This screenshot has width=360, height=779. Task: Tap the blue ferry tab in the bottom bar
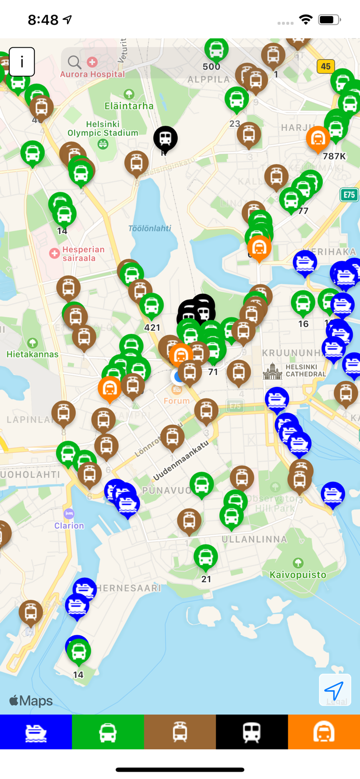[x=36, y=732]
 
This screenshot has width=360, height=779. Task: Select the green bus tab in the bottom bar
[x=108, y=732]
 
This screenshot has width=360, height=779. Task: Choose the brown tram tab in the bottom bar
[x=180, y=732]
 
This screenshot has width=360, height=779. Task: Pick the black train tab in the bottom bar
[x=252, y=732]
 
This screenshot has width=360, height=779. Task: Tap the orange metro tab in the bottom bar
[x=324, y=732]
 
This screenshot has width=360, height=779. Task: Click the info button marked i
[x=22, y=62]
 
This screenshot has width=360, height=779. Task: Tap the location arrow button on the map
[x=335, y=690]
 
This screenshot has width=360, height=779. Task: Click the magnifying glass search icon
[x=74, y=62]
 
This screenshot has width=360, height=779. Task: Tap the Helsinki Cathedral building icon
[x=272, y=371]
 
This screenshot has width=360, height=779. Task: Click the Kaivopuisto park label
[x=298, y=574]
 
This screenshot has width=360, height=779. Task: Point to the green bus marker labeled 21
[x=206, y=557]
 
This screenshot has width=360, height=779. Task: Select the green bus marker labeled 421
[x=151, y=306]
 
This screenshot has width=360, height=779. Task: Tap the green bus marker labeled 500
[x=216, y=50]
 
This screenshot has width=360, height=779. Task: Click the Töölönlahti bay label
[x=150, y=228]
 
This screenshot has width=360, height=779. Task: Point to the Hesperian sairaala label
[x=83, y=253]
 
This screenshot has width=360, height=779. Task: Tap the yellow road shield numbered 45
[x=326, y=66]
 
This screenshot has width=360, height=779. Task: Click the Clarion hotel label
[x=69, y=525]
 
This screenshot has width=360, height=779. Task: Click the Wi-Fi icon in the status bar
[x=305, y=20]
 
